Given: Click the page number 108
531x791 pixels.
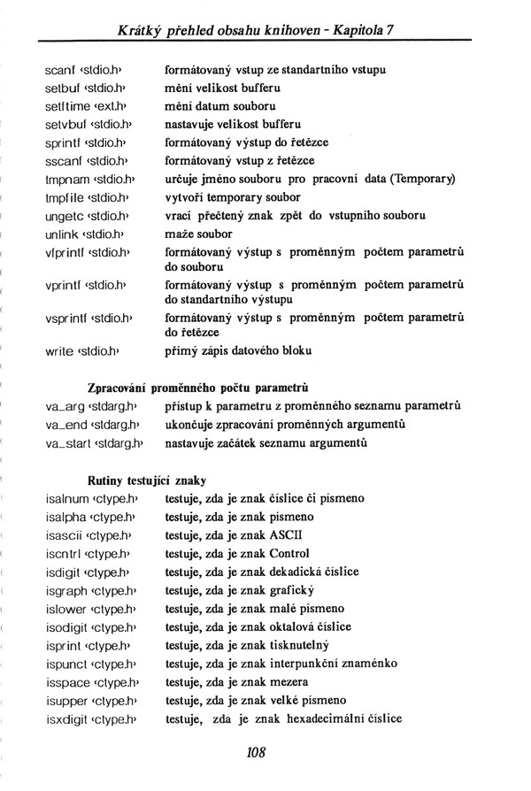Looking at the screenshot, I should pyautogui.click(x=257, y=753).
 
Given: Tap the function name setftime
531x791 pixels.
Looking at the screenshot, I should pyautogui.click(x=66, y=105).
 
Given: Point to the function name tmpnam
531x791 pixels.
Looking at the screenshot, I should pyautogui.click(x=65, y=179).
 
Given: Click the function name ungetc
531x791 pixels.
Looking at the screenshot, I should pyautogui.click(x=65, y=216).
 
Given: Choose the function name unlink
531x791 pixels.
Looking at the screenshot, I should pyautogui.click(x=62, y=234).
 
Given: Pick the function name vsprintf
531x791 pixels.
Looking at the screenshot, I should pyautogui.click(x=67, y=317).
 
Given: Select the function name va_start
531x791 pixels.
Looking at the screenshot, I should pyautogui.click(x=70, y=442).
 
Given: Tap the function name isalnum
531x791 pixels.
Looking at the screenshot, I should pyautogui.click(x=66, y=499).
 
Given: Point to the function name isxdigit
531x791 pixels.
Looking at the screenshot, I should pyautogui.click(x=67, y=718).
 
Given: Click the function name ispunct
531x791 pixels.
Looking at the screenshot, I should pyautogui.click(x=66, y=664).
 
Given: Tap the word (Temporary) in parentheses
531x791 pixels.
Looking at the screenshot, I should pyautogui.click(x=419, y=179).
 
